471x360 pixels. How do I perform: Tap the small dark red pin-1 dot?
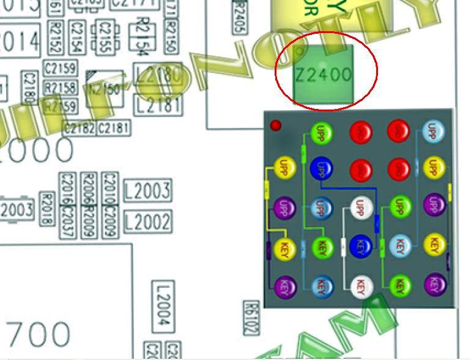tap(276, 126)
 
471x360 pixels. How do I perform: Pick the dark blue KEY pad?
tap(360, 246)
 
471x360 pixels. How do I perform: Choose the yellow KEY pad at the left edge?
tap(283, 249)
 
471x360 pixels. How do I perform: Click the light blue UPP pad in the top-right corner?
tap(434, 132)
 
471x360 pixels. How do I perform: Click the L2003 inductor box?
tap(147, 190)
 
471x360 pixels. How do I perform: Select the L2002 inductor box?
tap(147, 221)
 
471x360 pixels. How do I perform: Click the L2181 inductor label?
tap(158, 105)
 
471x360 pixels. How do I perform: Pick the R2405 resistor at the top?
tap(240, 18)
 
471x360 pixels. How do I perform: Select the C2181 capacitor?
tap(114, 128)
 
